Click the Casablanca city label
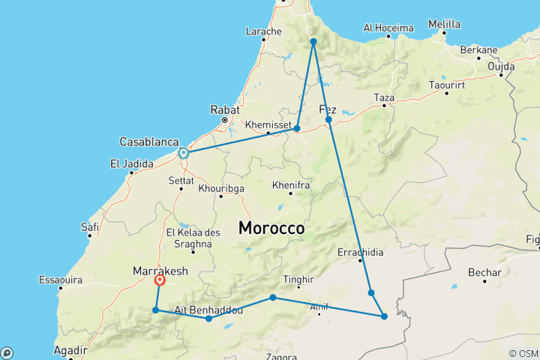149,141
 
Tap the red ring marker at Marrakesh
160,280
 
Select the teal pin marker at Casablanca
182,152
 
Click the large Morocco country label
271,227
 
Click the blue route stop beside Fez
328,119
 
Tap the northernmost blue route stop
313,41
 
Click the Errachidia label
361,252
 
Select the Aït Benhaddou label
208,309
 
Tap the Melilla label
444,24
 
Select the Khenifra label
289,184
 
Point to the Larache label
263,31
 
